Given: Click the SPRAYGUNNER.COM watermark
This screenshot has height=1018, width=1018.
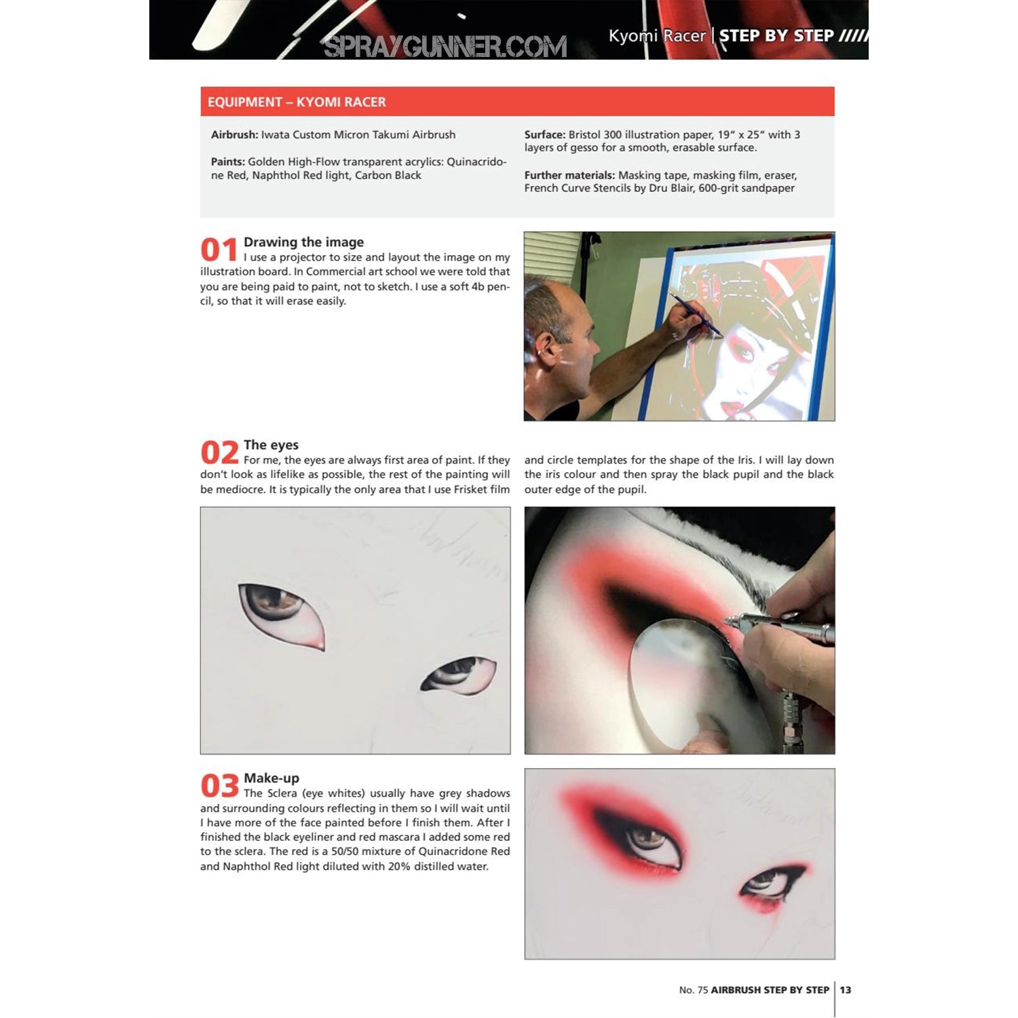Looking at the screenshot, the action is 445,46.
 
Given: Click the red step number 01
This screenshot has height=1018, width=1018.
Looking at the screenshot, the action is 219,250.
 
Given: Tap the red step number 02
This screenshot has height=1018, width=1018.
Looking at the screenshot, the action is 219,453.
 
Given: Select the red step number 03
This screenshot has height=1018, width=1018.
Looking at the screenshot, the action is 219,786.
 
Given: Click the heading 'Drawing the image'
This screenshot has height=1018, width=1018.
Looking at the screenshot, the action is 303,242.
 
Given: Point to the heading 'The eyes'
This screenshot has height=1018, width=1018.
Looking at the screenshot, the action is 271,445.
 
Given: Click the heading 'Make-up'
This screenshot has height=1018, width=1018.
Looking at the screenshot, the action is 271,778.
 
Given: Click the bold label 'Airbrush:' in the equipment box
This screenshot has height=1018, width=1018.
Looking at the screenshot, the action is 234,134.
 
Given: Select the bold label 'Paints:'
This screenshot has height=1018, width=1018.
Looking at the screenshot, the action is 227,162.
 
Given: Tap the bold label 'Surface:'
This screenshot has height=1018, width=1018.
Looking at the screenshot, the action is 545,134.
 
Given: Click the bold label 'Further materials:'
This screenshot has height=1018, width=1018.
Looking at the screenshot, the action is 569,175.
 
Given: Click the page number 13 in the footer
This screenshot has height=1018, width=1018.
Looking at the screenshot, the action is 846,989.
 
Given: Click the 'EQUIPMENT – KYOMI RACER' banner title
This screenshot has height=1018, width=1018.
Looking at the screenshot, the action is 297,102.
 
